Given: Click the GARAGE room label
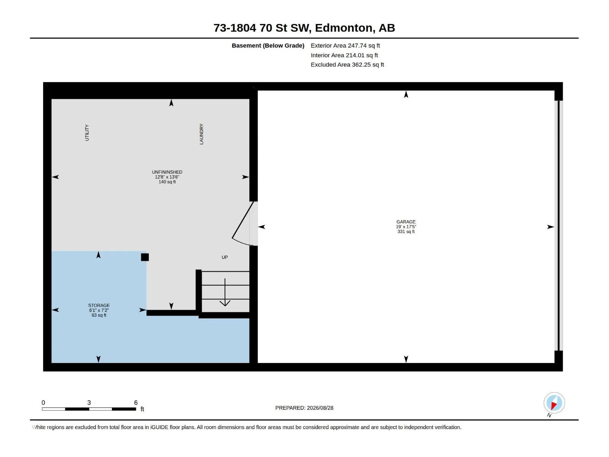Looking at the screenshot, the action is click(x=406, y=222).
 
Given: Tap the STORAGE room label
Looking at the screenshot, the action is click(x=99, y=305).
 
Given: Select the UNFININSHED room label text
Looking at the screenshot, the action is click(x=167, y=172).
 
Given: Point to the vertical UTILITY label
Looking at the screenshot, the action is click(x=87, y=133).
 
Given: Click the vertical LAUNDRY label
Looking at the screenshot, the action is click(x=201, y=134).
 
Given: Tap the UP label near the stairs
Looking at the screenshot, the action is click(x=225, y=257).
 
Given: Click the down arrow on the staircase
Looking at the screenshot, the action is click(x=225, y=292).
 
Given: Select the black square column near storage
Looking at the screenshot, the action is click(x=145, y=257).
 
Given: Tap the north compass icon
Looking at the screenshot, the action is click(x=554, y=403).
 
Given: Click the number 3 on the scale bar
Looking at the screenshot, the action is click(x=89, y=402).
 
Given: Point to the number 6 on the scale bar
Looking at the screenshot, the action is click(x=136, y=402).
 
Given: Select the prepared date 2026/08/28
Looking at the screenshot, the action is click(x=320, y=408).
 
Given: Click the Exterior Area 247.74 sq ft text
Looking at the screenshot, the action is click(x=345, y=45).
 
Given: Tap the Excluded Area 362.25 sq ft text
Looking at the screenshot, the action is click(x=347, y=65).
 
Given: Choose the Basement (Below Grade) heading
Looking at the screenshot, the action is click(x=268, y=45).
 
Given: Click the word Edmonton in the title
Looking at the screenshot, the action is click(x=343, y=28).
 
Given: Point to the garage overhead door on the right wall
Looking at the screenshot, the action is click(x=558, y=225).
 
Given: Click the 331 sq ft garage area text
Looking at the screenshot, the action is click(x=406, y=232).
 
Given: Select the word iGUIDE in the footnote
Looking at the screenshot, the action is click(x=159, y=427).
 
